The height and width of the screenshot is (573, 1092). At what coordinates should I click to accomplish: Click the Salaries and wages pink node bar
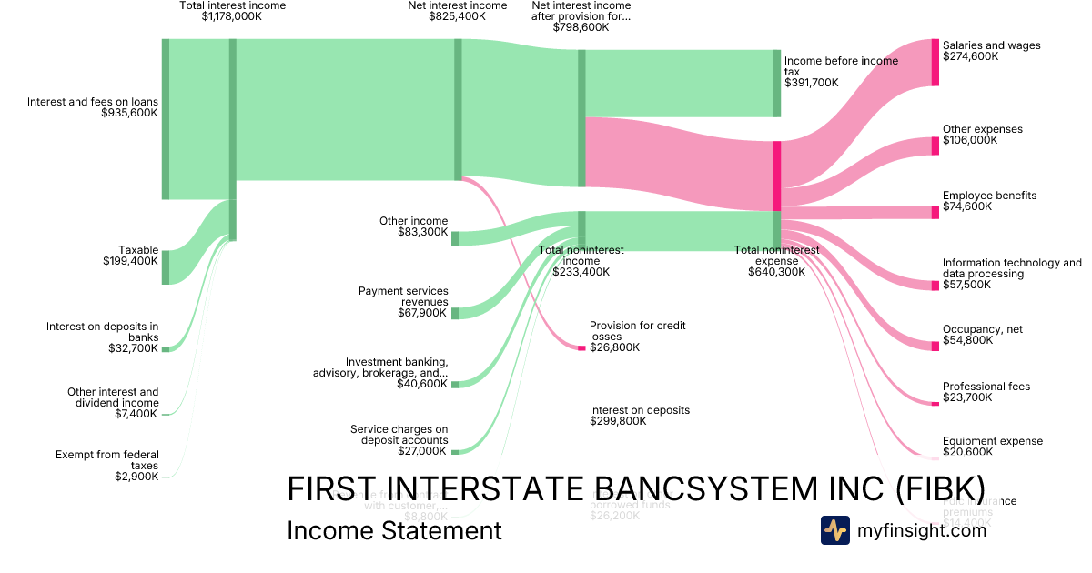click(935, 63)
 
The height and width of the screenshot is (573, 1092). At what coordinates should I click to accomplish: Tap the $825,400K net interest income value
click(457, 16)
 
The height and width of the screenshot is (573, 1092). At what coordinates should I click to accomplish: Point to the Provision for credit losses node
click(581, 347)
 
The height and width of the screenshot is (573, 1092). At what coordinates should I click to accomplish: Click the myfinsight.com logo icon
click(834, 530)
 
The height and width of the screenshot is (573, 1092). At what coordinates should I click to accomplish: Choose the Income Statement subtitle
click(394, 530)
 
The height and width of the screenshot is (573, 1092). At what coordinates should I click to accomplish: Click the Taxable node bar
click(166, 267)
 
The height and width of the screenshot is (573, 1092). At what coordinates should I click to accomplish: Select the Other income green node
click(455, 238)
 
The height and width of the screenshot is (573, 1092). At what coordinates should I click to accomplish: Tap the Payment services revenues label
click(403, 297)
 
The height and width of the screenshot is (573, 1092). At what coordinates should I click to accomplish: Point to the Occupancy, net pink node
click(935, 346)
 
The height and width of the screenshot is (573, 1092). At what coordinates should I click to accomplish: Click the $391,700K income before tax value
click(811, 83)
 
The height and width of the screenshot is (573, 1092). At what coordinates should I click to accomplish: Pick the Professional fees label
click(986, 387)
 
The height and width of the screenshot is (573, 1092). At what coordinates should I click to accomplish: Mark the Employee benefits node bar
click(935, 212)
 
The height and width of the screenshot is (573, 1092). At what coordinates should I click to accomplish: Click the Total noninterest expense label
click(776, 256)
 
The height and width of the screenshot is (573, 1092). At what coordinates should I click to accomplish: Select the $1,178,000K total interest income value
click(232, 16)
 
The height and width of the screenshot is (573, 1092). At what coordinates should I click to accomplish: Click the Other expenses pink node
click(935, 146)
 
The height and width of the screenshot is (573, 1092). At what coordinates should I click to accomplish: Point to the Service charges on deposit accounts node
click(455, 450)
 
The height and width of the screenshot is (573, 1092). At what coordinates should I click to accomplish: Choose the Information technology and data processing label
click(1012, 268)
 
